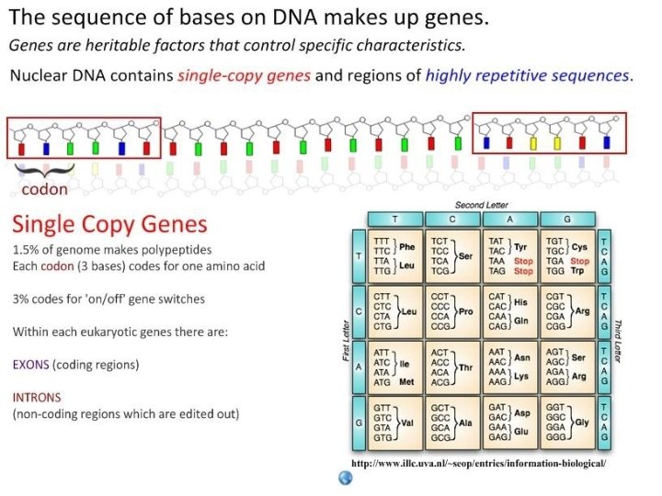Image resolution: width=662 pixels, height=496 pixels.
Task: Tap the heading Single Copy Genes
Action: tap(109, 225)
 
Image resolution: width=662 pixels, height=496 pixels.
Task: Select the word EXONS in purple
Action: tap(31, 365)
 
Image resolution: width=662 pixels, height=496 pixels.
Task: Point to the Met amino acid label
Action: tap(406, 381)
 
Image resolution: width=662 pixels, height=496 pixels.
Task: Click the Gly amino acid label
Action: tap(581, 423)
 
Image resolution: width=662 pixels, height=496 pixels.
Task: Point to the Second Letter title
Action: tap(481, 204)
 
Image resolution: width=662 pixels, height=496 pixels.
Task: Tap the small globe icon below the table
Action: tap(346, 477)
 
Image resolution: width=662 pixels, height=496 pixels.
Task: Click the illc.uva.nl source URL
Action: tap(479, 464)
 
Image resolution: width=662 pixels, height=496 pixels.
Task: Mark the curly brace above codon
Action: tap(43, 170)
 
